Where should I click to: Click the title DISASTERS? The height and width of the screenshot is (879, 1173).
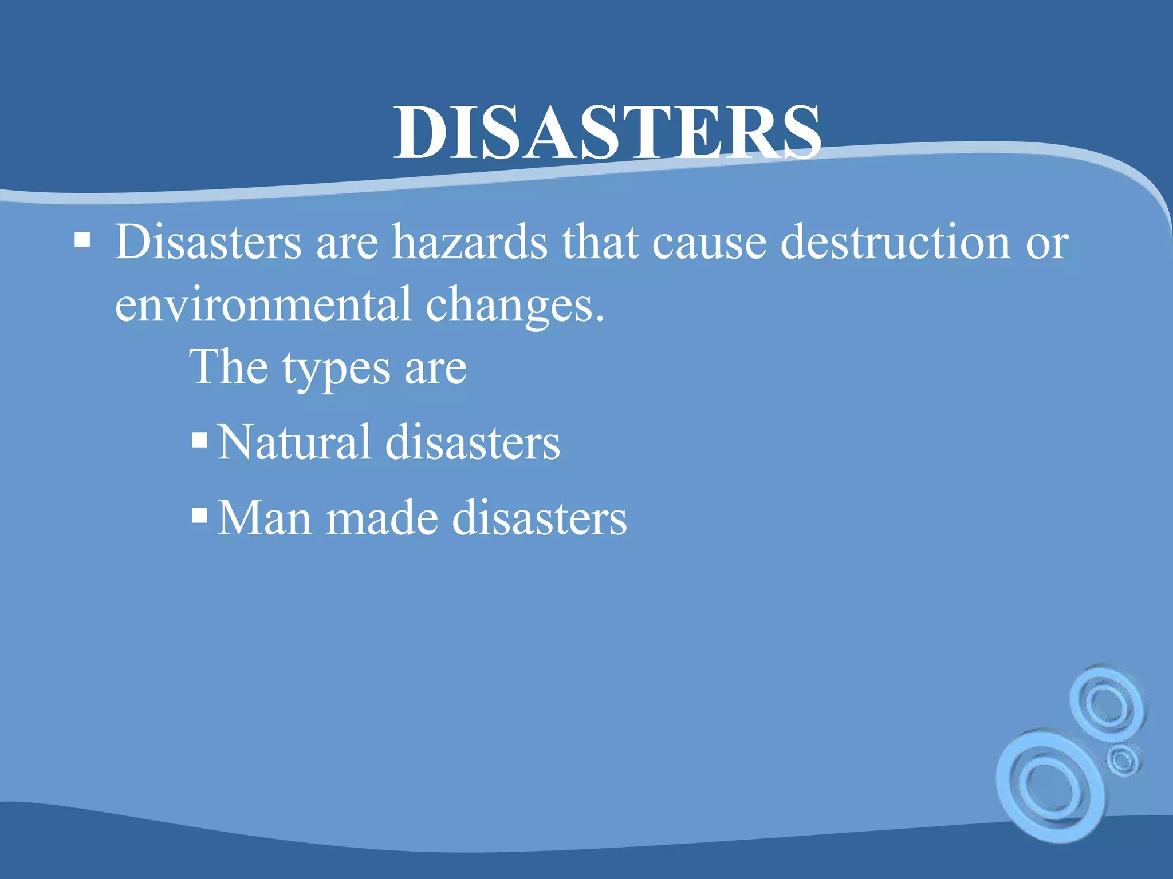(607, 133)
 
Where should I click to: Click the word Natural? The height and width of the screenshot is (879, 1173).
(294, 442)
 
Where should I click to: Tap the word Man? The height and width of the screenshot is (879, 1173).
(265, 517)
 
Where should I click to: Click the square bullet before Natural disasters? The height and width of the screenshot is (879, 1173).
(199, 439)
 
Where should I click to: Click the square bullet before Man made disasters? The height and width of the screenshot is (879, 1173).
(199, 515)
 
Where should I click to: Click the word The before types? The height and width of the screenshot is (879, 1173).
(229, 367)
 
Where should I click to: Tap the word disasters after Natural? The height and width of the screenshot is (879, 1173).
(473, 442)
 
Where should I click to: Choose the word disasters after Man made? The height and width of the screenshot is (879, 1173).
(540, 517)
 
